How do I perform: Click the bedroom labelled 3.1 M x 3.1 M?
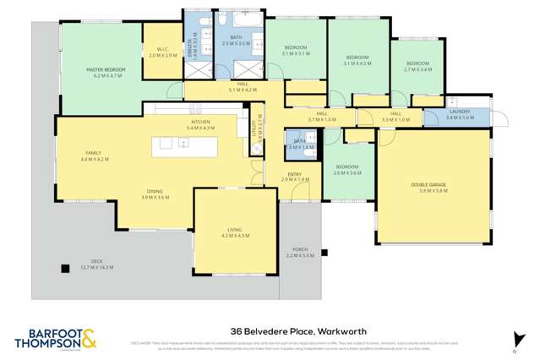pos(295,50)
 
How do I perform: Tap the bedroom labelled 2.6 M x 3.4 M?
pos(347,169)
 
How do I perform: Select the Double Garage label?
pos(434,188)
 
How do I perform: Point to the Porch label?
pos(299,252)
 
